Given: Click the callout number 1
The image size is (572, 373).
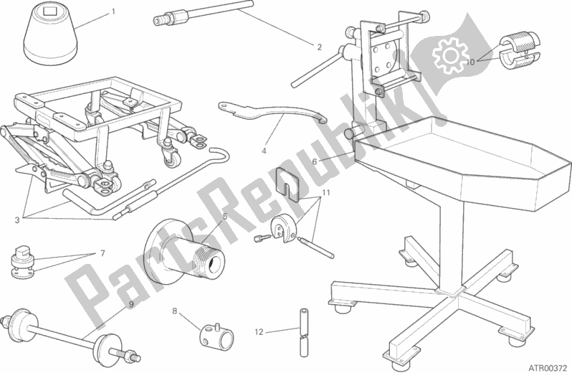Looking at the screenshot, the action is [113, 11].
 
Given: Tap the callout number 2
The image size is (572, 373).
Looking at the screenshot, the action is [319, 47].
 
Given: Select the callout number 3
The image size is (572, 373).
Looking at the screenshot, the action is [17, 220].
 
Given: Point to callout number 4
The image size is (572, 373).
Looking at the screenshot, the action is [264, 151].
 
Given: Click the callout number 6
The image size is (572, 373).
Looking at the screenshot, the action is [315, 161].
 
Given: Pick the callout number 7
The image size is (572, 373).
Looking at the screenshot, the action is [103, 253].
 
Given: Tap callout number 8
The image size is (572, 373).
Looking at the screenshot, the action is [175, 311].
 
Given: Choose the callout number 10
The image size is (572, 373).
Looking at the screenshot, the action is [471, 62].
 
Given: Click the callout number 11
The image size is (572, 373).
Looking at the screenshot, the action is [325, 192].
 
